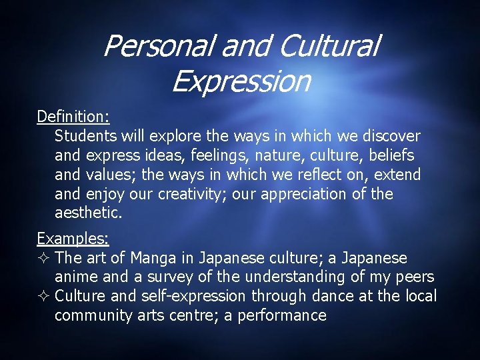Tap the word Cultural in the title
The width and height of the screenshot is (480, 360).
(x=329, y=47)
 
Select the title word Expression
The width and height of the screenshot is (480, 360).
(x=241, y=81)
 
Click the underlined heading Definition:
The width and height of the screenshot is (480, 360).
(x=73, y=117)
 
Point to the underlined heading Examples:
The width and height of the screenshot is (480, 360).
(x=73, y=238)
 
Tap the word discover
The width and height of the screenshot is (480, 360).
(x=391, y=136)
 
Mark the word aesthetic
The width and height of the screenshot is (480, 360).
(x=87, y=213)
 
